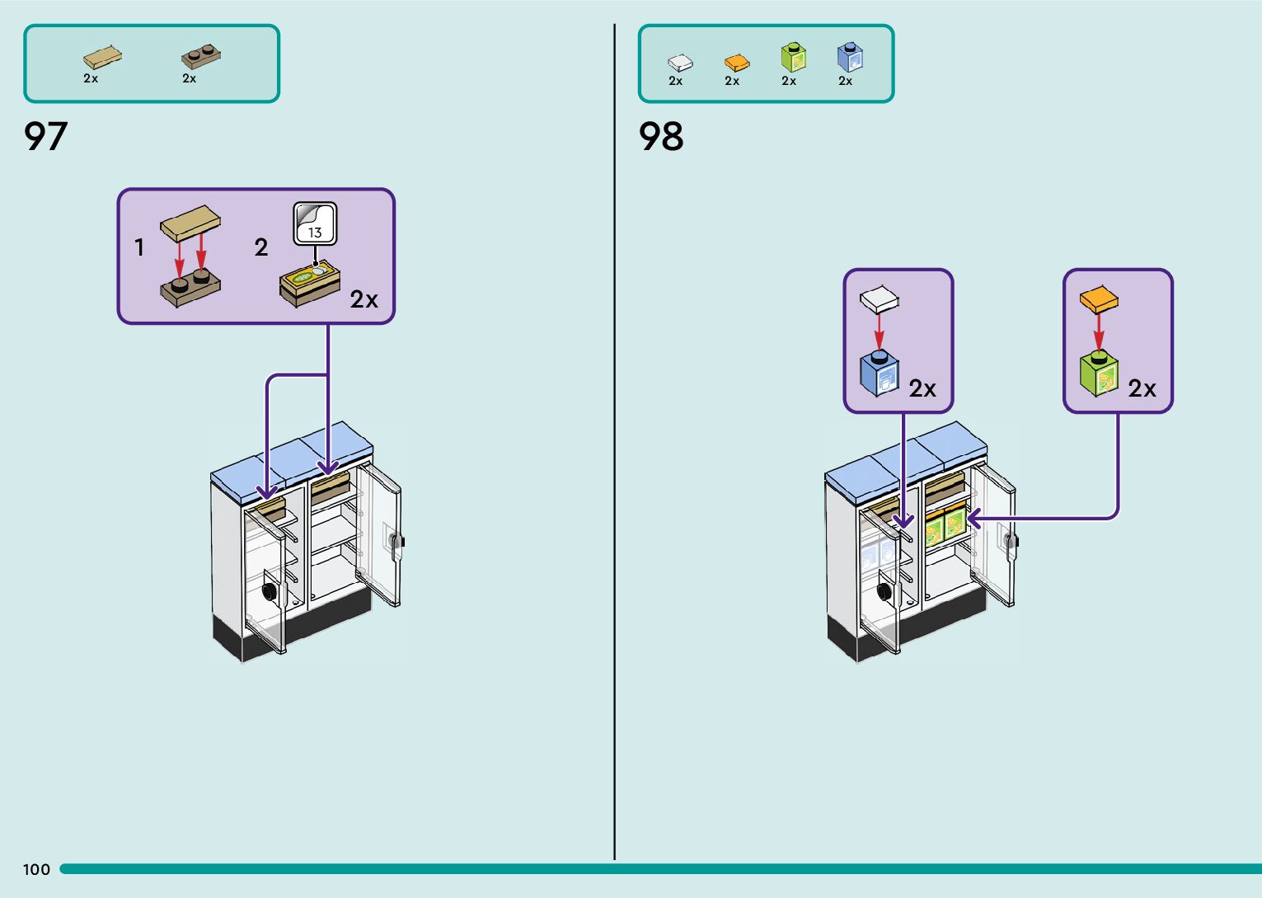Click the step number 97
pos(45,136)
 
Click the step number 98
pos(661,136)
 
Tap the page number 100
pos(36,869)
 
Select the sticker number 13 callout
pos(315,224)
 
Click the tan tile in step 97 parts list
pos(102,57)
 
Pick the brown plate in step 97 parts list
pos(200,56)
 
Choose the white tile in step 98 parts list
pos(679,63)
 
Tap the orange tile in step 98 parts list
pos(736,63)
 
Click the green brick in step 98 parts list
pos(793,57)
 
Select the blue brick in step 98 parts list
pos(849,58)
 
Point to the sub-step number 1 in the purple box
pos(139,247)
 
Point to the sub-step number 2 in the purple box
pos(261,247)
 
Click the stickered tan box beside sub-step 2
pos(310,284)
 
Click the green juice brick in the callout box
pos(1099,374)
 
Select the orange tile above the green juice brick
pos(1099,299)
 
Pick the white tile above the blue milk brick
pos(879,299)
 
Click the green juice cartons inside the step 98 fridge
pos(945,525)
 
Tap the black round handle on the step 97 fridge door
pos(269,590)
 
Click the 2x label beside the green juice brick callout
pos(1142,388)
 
